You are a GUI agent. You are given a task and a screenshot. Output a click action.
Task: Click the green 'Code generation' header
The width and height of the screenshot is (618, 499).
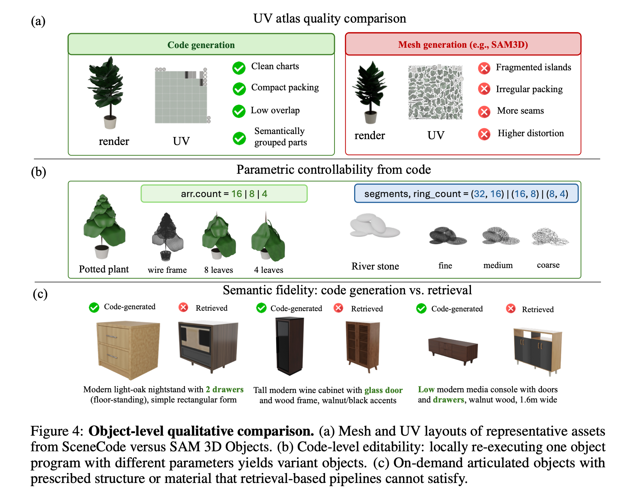201,44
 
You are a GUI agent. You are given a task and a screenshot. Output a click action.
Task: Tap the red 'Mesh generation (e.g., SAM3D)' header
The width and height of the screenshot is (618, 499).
463,44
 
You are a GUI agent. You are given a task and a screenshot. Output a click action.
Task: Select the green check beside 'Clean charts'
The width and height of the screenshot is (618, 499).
239,67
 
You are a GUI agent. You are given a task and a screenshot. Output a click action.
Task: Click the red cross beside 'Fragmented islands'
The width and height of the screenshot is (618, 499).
484,68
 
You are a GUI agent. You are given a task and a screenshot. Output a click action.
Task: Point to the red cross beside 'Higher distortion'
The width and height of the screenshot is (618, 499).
484,134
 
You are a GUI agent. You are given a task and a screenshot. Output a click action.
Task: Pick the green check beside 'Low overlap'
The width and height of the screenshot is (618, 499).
239,111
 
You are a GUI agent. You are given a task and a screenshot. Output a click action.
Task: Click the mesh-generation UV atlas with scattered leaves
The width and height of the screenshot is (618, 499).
436,93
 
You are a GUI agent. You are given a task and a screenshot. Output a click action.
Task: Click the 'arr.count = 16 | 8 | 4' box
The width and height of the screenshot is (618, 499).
224,193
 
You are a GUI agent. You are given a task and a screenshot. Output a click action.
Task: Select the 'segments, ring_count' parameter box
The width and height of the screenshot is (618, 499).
466,193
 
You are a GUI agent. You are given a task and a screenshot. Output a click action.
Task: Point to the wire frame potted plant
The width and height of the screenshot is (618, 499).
167,237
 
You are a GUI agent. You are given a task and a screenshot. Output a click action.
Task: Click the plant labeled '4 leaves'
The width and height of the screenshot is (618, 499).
268,237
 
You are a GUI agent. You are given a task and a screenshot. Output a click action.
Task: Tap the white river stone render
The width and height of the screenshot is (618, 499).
375,225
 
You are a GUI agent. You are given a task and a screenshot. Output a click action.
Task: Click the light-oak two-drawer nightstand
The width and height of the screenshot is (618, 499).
128,350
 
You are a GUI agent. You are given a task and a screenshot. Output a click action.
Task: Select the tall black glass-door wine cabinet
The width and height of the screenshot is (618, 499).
289,346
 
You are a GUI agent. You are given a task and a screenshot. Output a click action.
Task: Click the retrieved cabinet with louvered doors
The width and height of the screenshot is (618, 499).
363,347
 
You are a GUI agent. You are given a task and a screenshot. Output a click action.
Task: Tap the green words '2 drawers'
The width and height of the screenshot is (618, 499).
225,389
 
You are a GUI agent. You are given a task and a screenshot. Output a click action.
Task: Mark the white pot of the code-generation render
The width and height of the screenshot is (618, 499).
110,122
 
